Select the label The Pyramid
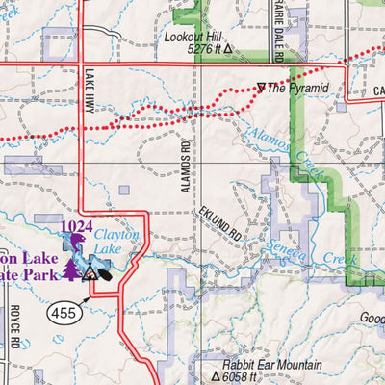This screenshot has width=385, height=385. point(298,89)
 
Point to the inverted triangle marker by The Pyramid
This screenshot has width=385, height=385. point(261,88)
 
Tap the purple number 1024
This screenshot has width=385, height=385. point(78,227)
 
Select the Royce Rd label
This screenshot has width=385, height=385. point(15,329)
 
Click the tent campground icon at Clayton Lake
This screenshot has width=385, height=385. point(90,273)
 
